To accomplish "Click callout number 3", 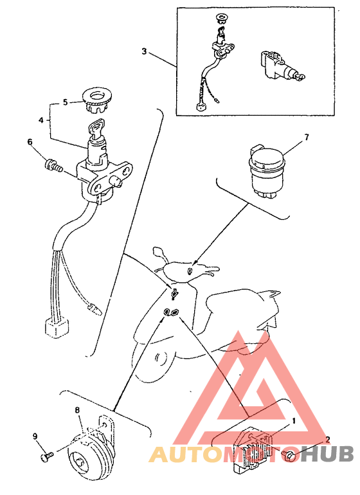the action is [144, 51].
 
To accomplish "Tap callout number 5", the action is [66, 102].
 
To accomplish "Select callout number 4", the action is [41, 120].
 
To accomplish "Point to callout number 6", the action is [30, 142].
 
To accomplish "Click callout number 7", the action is [306, 137].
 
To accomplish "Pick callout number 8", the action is [77, 410].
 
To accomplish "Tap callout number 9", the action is [35, 436].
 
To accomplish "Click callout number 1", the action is [294, 421].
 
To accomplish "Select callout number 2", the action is [328, 440].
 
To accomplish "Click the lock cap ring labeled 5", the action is [95, 100].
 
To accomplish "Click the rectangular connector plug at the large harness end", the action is [57, 327].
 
